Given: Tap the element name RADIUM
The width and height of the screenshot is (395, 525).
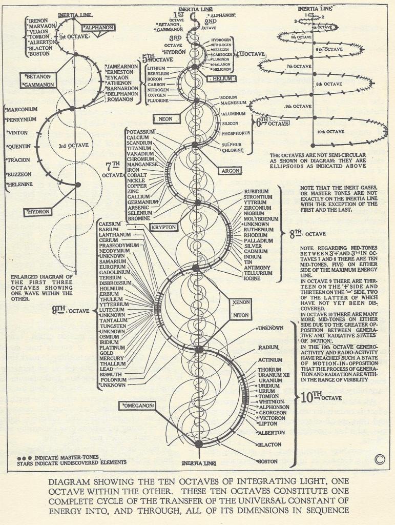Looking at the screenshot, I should click(x=268, y=348).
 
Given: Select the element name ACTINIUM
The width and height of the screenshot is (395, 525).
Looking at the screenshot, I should click(x=270, y=360).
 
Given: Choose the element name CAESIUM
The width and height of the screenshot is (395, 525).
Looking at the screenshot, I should click(x=110, y=224).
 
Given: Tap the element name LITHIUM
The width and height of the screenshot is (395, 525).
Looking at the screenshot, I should click(x=156, y=68).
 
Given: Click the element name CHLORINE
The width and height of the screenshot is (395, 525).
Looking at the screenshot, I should click(x=232, y=150).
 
